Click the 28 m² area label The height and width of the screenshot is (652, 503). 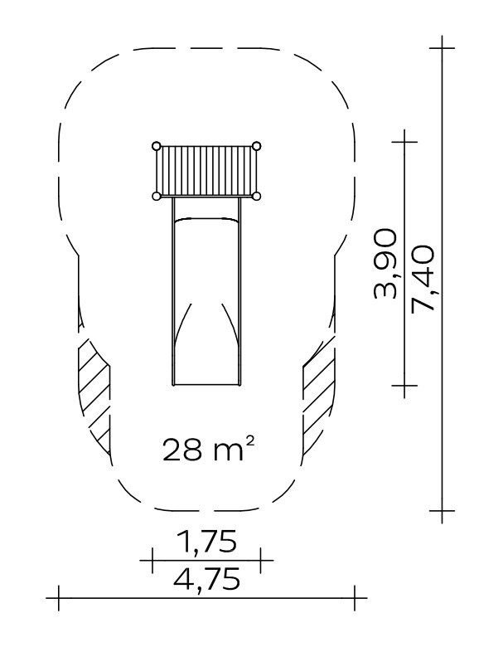[208, 449]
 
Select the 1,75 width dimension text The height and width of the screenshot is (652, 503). [206, 541]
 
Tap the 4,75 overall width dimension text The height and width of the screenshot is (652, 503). [206, 579]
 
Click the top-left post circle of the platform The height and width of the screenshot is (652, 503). [156, 146]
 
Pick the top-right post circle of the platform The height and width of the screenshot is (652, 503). [257, 146]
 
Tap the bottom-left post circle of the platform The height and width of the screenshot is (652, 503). [156, 197]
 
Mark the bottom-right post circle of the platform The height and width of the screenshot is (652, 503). [257, 197]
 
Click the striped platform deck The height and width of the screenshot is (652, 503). [206, 171]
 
